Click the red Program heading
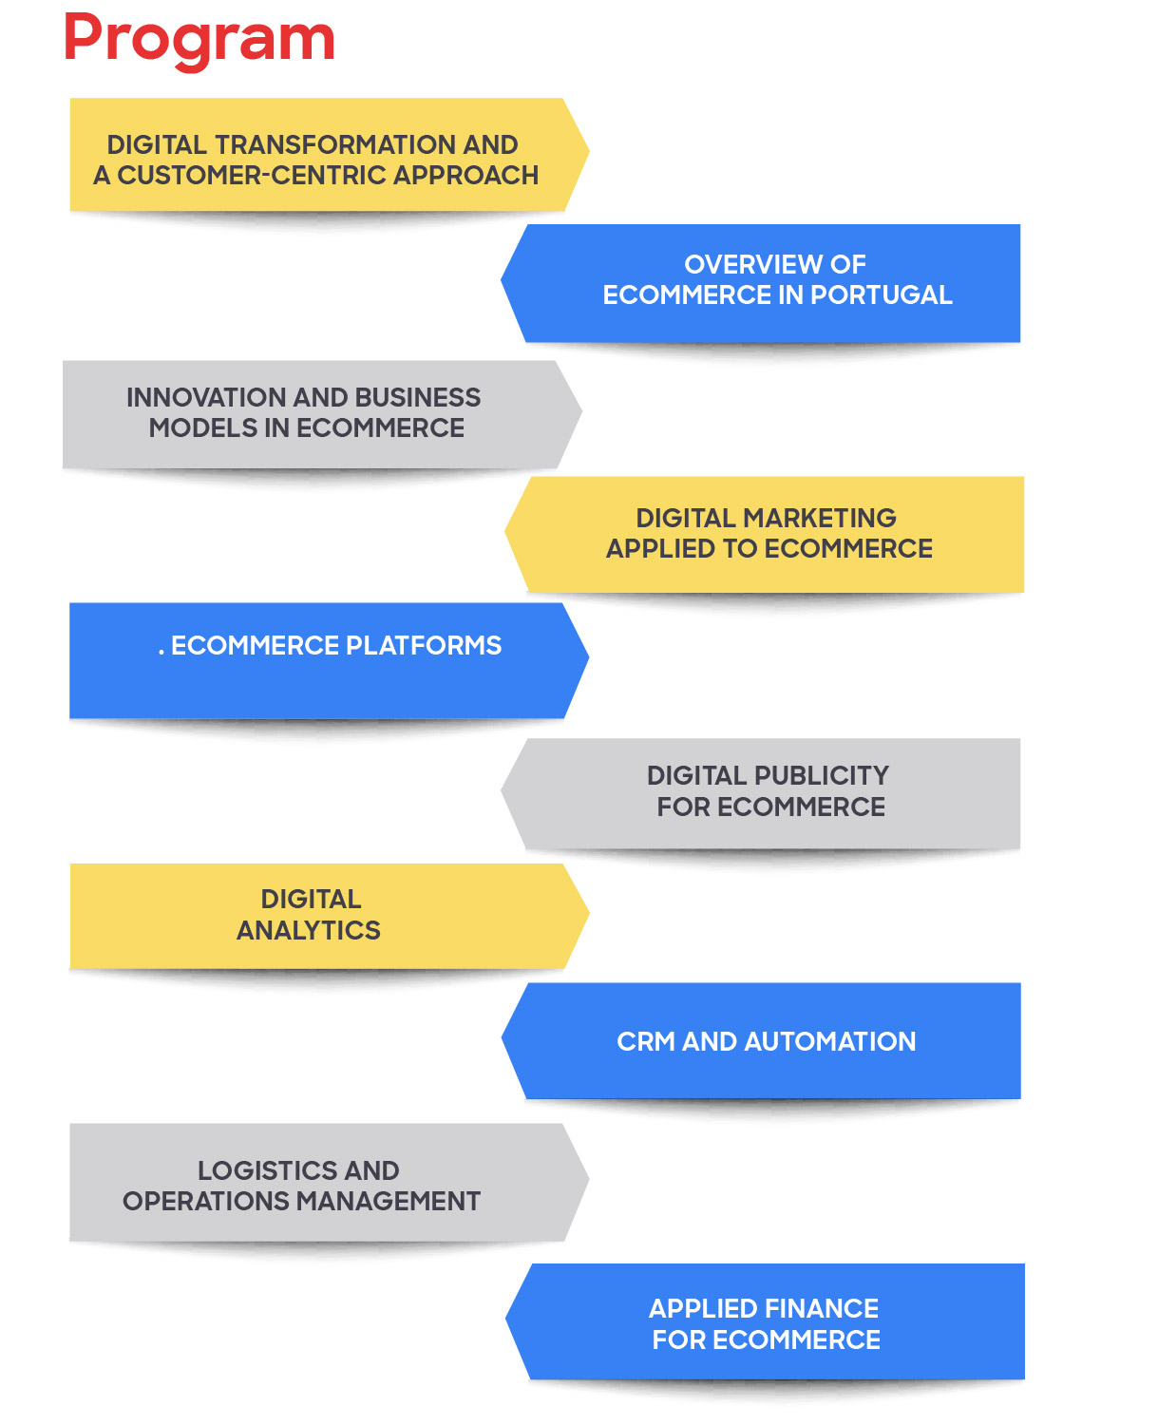[199, 40]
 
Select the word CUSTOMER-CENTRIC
[252, 176]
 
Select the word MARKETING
[820, 518]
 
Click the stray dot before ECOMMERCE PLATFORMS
[161, 653]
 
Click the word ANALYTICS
[309, 931]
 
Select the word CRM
[646, 1042]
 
